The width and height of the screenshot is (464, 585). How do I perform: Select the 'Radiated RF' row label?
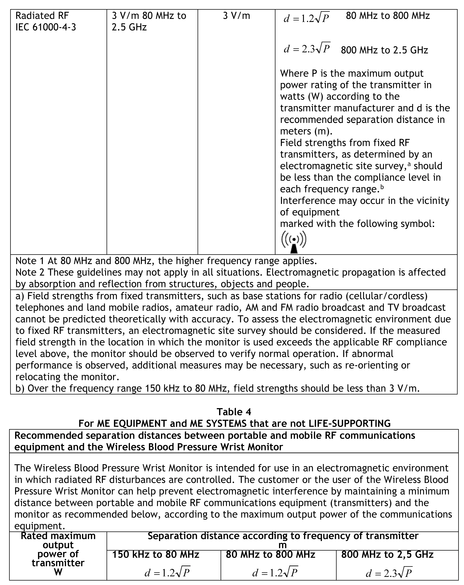click(x=42, y=16)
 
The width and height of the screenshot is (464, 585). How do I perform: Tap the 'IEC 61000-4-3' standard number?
click(x=46, y=27)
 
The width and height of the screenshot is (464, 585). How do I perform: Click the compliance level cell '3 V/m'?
click(x=236, y=16)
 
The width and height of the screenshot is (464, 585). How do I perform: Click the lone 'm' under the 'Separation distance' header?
click(x=283, y=545)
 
